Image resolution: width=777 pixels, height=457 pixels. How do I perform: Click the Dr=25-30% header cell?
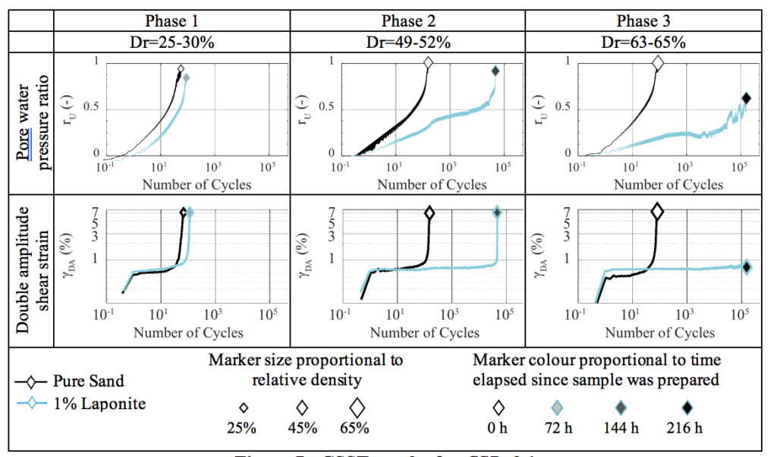171,43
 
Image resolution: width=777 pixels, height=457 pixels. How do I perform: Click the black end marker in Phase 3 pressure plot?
746,98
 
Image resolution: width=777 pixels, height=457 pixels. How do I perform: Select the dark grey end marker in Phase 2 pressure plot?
495,71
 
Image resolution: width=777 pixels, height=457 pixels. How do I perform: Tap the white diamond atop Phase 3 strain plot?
658,212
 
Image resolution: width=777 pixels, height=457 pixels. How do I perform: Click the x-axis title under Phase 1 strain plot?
189,333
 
